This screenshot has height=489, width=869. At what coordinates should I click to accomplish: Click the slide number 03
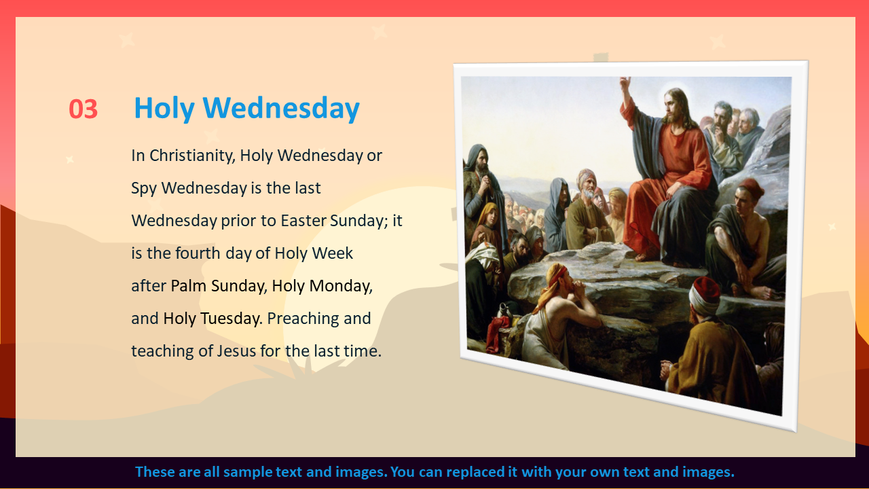click(x=83, y=109)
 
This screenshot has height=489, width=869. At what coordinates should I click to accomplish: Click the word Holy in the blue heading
click(x=164, y=108)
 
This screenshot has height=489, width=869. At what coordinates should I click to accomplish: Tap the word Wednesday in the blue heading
click(x=281, y=107)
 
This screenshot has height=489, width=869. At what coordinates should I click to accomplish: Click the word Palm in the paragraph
click(x=189, y=286)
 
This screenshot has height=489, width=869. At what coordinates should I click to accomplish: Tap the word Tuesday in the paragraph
click(x=232, y=319)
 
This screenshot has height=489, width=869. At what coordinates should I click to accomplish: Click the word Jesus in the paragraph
click(x=236, y=351)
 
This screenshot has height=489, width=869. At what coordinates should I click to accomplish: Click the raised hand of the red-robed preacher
click(x=625, y=84)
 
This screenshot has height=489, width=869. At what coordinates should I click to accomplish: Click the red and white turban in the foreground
click(x=705, y=295)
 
